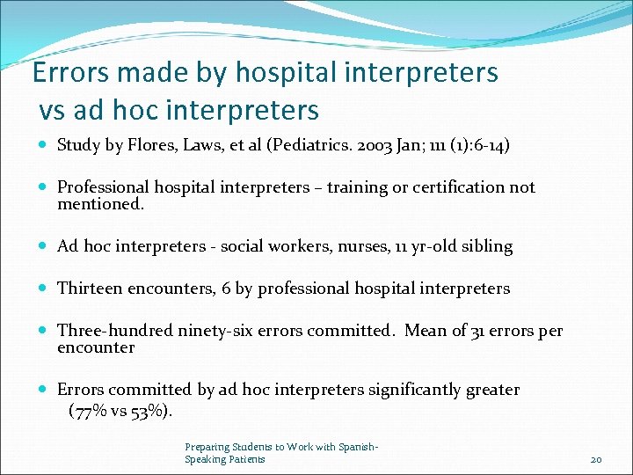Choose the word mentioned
(99, 204)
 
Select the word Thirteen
(91, 289)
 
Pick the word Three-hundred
(115, 331)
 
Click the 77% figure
(91, 410)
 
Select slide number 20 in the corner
(596, 459)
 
